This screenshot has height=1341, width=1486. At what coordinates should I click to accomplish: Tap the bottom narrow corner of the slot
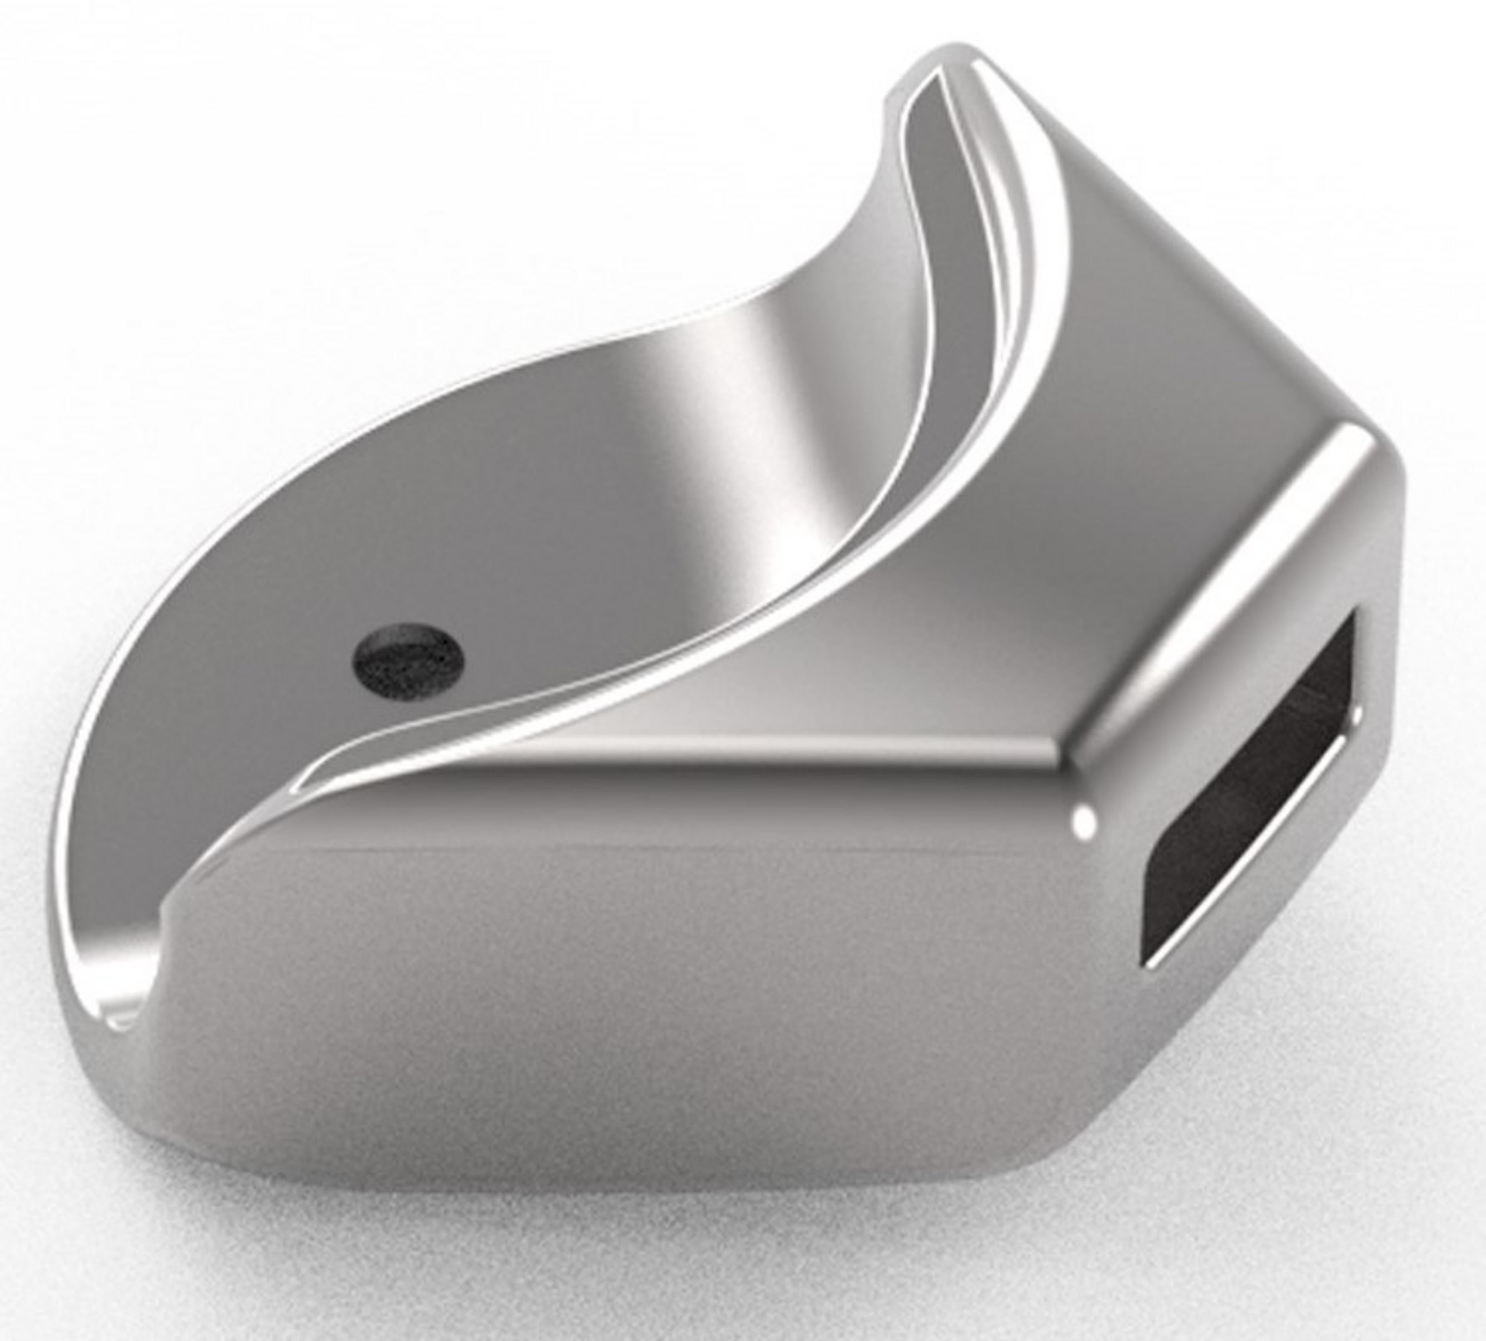point(1150,958)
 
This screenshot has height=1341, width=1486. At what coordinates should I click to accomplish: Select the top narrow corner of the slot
point(1352,619)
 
